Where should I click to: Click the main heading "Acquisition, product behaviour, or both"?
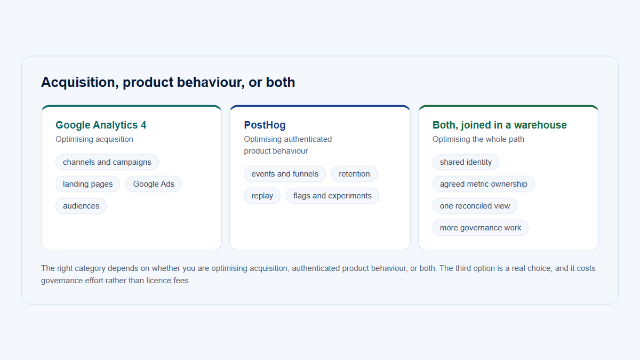tap(168, 82)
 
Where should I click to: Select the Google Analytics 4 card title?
tap(101, 125)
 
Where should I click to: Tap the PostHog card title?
tap(265, 125)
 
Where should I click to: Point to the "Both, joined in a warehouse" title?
tap(499, 125)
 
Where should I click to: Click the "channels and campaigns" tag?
tap(107, 162)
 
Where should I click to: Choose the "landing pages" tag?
tap(87, 184)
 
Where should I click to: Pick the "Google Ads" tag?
tap(154, 184)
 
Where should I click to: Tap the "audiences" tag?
tap(81, 206)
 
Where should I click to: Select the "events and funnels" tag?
tap(285, 174)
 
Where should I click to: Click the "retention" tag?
tap(354, 174)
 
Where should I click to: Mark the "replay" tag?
tap(262, 196)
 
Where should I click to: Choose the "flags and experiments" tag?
tap(332, 196)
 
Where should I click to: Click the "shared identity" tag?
tap(466, 162)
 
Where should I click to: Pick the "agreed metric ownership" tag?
tap(483, 184)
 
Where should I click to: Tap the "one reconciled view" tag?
tap(475, 206)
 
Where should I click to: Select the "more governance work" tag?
tap(481, 228)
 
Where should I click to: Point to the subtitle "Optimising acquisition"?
tap(94, 139)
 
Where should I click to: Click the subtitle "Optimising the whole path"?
tap(478, 139)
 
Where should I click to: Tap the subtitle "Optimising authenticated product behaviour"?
tap(287, 145)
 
